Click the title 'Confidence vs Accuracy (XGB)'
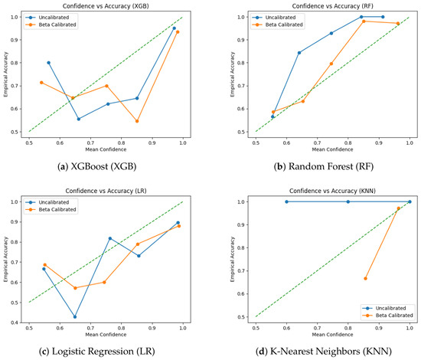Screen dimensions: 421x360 (106, 6)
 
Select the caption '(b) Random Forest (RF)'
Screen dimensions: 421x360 (324, 166)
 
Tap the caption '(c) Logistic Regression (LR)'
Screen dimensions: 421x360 (97, 352)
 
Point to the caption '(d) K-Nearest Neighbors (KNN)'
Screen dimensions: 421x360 (324, 352)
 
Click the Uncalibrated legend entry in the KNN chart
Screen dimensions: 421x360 (384, 308)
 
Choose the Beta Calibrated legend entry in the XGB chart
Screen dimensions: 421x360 (51, 25)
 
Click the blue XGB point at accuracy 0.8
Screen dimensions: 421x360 (48, 63)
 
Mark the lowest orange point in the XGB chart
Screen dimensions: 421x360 (137, 121)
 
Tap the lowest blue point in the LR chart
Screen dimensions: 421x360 (75, 317)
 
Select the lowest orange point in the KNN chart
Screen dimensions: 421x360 (365, 279)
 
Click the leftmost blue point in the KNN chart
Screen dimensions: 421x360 (286, 201)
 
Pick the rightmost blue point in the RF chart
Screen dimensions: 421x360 (383, 17)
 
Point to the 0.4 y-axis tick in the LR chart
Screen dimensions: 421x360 (15, 322)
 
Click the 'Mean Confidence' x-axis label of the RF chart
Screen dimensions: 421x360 (332, 149)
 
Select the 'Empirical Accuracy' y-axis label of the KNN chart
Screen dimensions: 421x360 (233, 259)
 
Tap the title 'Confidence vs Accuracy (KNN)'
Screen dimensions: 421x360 (332, 191)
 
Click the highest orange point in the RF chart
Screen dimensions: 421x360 (364, 21)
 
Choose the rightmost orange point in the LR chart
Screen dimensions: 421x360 (179, 226)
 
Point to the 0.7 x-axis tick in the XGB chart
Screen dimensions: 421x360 (90, 143)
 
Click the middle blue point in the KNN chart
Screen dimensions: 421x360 (348, 201)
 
